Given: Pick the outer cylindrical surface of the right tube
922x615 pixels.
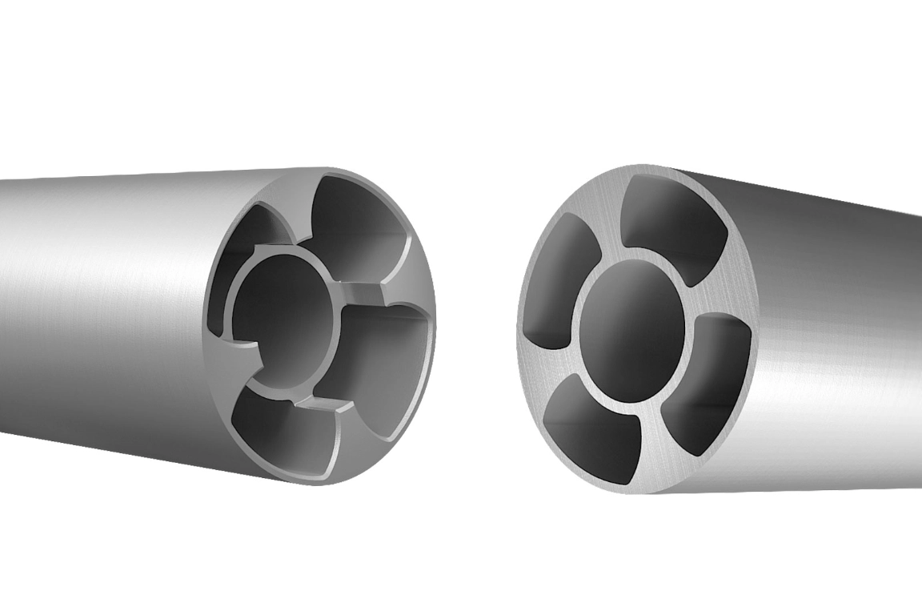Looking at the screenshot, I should tap(832, 336).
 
